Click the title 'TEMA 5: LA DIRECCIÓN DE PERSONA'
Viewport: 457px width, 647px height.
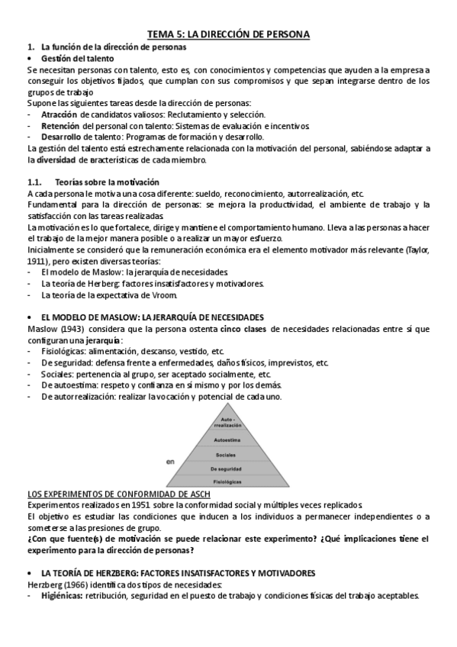pyautogui.click(x=228, y=34)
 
